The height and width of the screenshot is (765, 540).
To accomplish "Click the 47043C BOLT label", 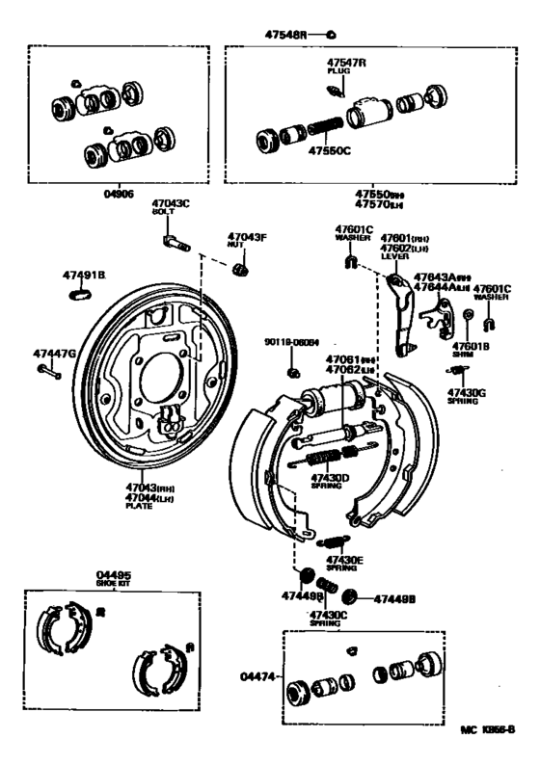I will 171,207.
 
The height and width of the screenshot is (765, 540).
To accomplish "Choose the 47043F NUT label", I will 247,240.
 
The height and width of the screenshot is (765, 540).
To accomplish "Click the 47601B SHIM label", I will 472,350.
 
